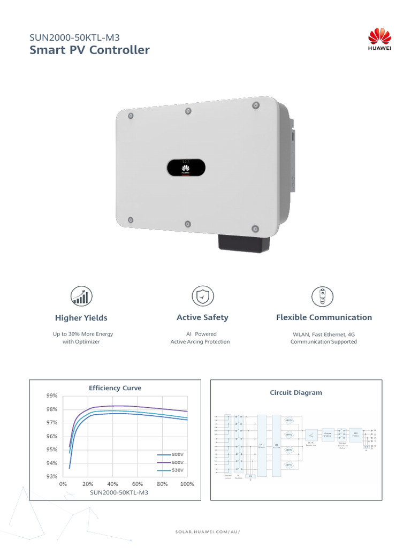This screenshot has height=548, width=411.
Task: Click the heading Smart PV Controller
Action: [x=90, y=50]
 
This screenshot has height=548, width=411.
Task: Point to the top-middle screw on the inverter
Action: [x=188, y=111]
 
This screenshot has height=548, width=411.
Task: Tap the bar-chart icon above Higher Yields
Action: [x=82, y=295]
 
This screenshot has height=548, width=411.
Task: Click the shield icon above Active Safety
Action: [x=203, y=295]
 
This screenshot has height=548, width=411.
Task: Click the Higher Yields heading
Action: [x=81, y=318]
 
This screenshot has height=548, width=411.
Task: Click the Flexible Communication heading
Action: [x=324, y=317]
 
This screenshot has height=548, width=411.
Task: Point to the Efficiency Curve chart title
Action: [x=115, y=388]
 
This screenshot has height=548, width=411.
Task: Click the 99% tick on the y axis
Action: [x=52, y=395]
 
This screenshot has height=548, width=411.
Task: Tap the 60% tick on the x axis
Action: [x=137, y=484]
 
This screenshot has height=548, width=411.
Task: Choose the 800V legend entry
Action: [x=177, y=454]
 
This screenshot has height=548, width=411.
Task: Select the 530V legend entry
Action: [x=177, y=470]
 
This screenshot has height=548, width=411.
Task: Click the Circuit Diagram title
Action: [x=296, y=393]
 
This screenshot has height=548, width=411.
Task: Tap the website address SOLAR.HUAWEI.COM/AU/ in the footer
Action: [x=208, y=532]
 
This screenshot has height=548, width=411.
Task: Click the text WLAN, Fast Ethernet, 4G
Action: [x=323, y=334]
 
